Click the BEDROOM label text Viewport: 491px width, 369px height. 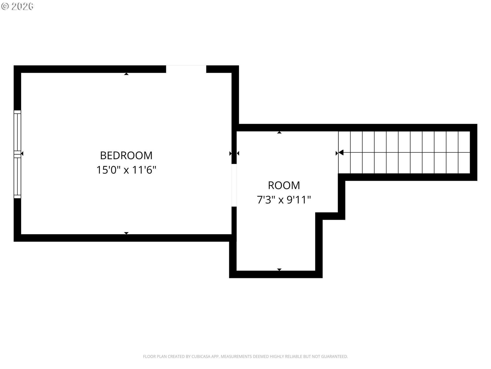(126, 156)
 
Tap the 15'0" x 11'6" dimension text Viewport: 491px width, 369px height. (126, 170)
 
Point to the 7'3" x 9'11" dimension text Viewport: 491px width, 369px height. (284, 200)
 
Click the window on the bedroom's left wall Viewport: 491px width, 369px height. (17, 154)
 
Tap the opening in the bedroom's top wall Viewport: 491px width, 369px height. (186, 69)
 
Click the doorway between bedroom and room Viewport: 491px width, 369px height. (234, 185)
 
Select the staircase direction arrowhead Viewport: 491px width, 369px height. (341, 153)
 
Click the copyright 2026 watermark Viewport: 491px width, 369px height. (17, 6)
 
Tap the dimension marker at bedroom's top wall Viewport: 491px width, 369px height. (126, 74)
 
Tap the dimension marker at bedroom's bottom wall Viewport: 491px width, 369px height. (126, 233)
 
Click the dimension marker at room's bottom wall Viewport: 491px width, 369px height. (279, 270)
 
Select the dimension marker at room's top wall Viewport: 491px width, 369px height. (279, 132)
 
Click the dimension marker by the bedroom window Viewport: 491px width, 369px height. (22, 153)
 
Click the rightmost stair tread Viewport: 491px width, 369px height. (464, 152)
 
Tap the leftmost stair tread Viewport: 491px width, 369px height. (344, 152)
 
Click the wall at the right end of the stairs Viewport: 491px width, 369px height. (474, 152)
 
